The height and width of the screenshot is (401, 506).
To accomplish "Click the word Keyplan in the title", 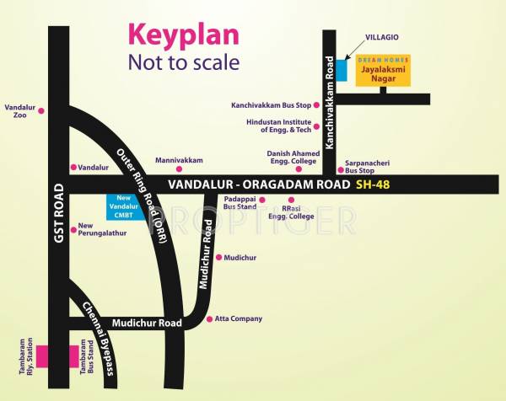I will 183,35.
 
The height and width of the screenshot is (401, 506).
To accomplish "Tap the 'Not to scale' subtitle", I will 183,62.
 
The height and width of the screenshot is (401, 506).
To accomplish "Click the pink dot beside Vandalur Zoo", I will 40,110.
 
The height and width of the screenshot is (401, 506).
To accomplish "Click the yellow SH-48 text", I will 374,184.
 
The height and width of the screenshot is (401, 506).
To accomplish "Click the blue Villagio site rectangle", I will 342,70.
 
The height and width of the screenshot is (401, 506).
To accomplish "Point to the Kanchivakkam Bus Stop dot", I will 316,105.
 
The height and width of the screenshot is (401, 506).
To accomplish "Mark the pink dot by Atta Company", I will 209,319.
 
